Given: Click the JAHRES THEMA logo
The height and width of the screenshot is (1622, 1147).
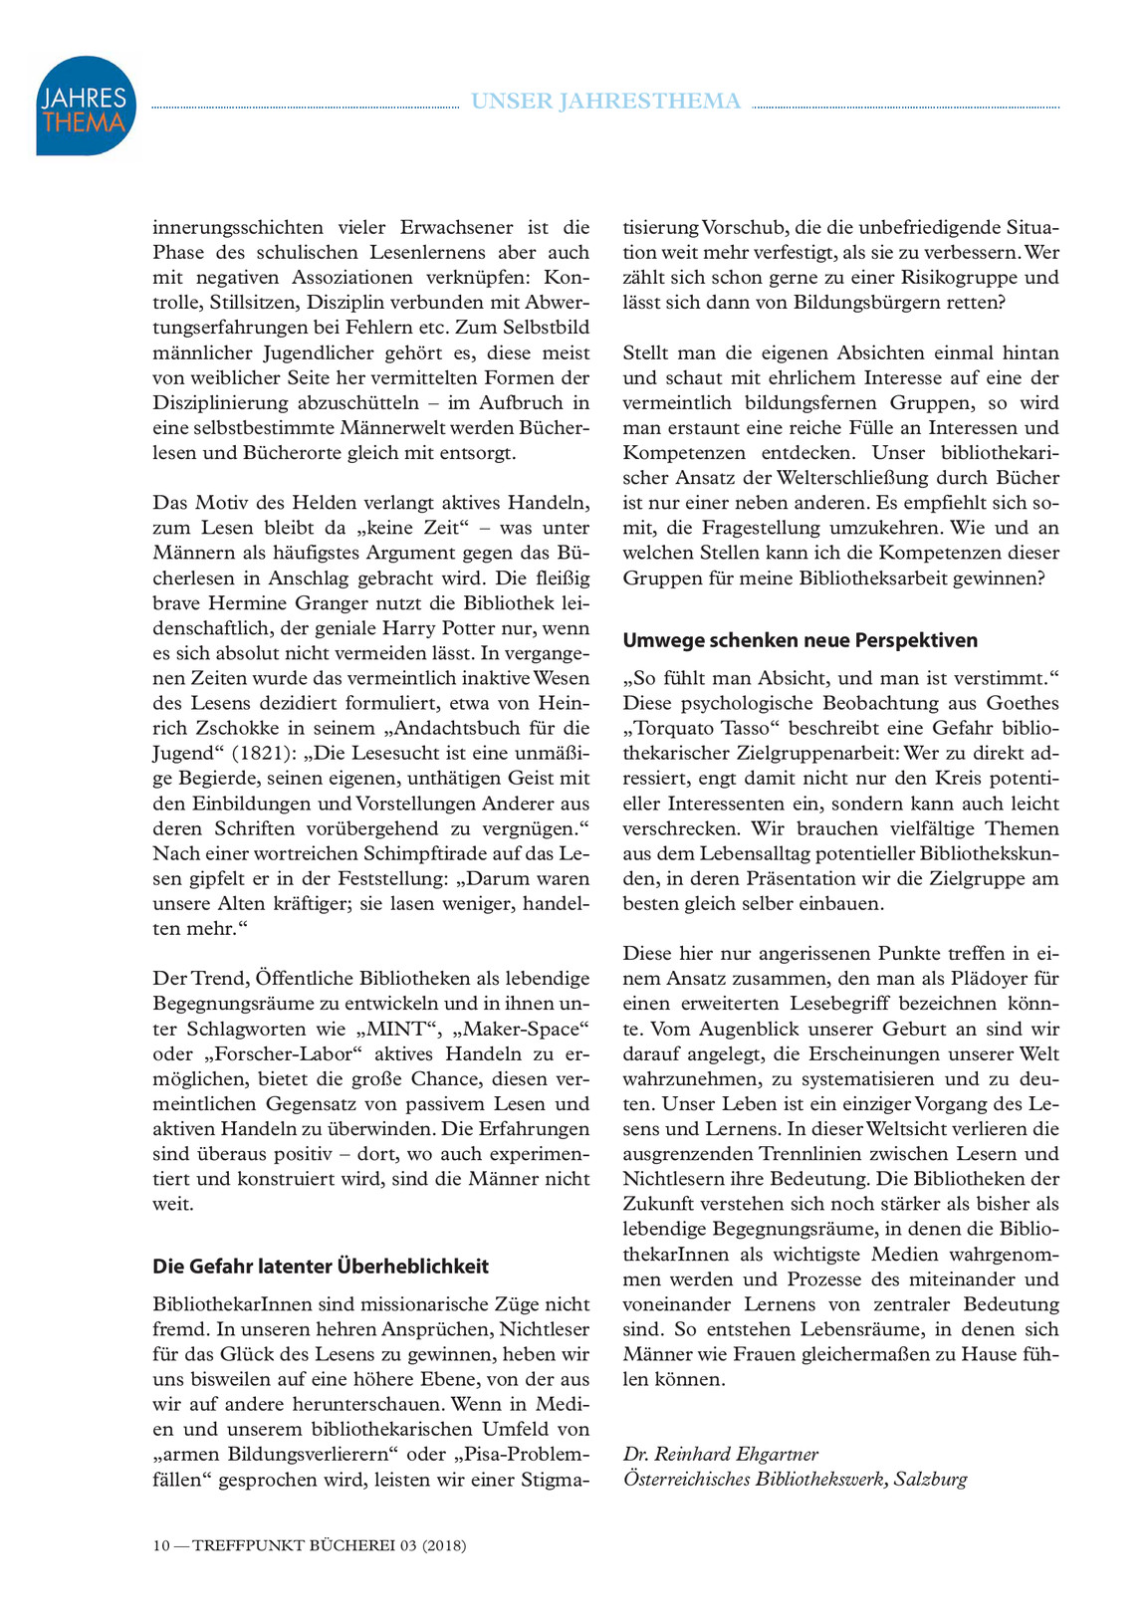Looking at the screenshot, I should (86, 106).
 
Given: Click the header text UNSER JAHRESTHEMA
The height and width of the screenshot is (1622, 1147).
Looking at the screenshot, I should (605, 101).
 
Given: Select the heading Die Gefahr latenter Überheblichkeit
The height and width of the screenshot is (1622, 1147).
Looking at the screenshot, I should (321, 1266).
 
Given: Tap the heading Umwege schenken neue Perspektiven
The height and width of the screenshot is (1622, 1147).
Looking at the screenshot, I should (801, 639).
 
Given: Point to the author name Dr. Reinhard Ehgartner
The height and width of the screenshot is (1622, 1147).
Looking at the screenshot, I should (721, 1454).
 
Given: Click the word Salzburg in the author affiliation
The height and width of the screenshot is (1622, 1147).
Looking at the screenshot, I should (930, 1479).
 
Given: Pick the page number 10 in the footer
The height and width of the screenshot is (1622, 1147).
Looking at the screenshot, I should (161, 1545).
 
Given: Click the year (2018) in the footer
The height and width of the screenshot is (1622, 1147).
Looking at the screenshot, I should (444, 1545).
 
